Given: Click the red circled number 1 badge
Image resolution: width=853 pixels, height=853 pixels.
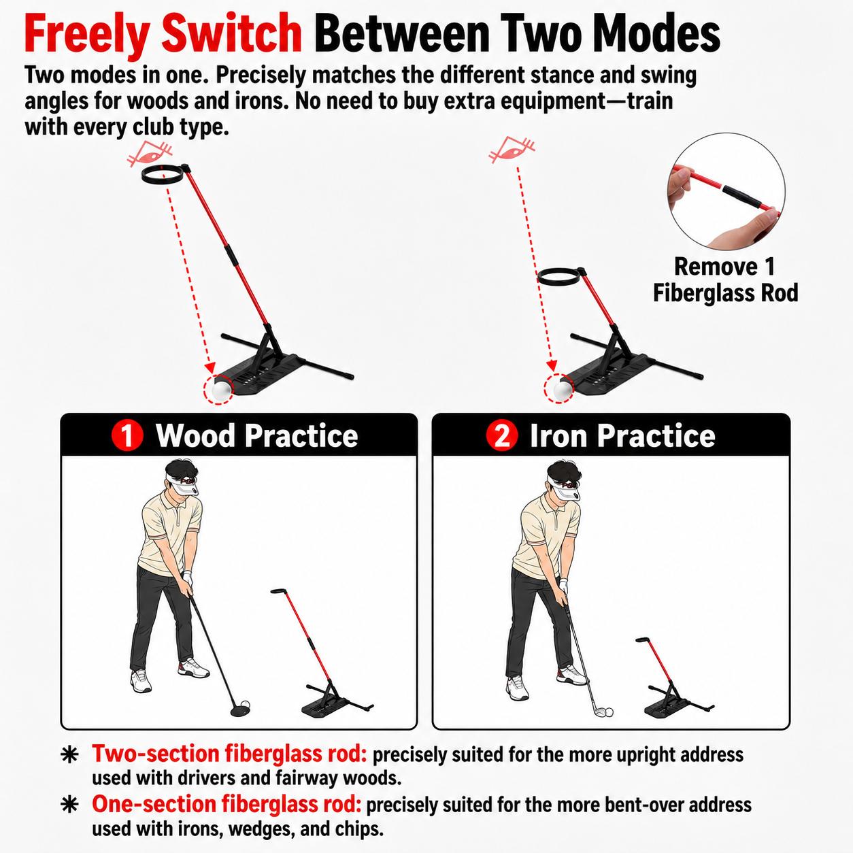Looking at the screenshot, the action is tap(127, 435).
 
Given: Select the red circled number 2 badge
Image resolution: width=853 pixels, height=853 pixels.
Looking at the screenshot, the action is tap(501, 435).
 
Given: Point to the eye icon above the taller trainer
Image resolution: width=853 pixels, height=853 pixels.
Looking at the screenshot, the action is tap(150, 154).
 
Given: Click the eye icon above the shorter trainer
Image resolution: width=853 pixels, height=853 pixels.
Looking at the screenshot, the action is tap(512, 150).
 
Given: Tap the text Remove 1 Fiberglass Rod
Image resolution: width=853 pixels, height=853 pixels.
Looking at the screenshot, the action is tap(725, 280).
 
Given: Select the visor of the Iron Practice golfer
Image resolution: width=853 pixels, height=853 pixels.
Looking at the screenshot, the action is tap(562, 487).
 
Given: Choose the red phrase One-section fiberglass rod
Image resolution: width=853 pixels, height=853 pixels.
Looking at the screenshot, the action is tap(227, 804).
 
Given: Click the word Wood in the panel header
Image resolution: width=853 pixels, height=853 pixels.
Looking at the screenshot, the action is tap(195, 435).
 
